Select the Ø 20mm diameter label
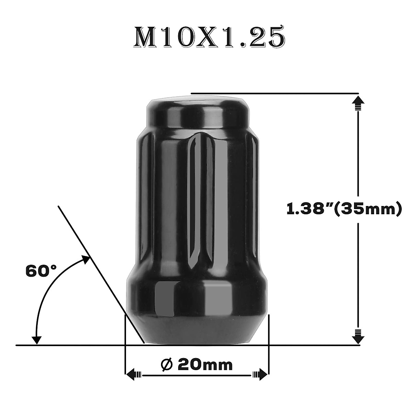(197, 365)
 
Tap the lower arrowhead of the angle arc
(36, 338)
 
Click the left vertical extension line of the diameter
(124, 343)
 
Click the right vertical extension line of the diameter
(269, 343)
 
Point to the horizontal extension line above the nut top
(275, 93)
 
